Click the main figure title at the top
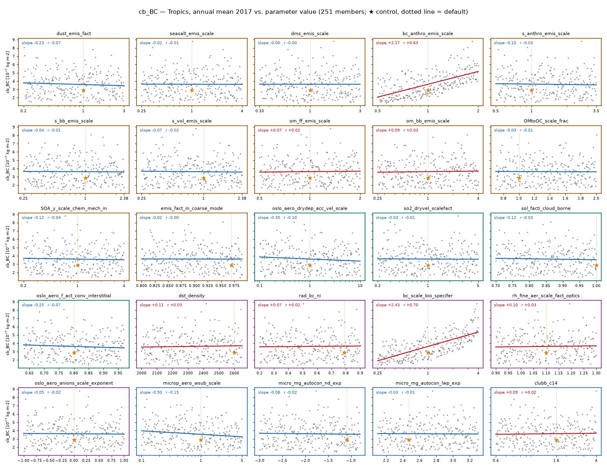pos(303,12)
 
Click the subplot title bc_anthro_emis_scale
pos(428,33)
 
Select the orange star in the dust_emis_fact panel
pos(83,90)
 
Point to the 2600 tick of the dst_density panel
pos(234,373)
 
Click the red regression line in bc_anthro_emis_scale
pos(428,84)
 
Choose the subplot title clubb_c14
pos(546,383)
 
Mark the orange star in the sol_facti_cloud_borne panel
pos(596,265)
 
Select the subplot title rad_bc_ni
pos(309,295)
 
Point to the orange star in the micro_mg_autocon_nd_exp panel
pos(347,440)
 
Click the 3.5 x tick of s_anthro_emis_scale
pos(596,111)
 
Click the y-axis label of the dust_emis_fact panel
pos(8,72)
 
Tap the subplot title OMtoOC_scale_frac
pos(546,121)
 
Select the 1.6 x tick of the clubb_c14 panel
pos(556,460)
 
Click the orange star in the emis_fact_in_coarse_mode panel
pos(231,265)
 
